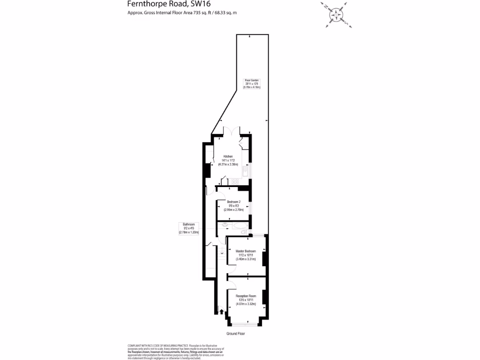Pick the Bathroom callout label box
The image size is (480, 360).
click(x=188, y=228)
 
